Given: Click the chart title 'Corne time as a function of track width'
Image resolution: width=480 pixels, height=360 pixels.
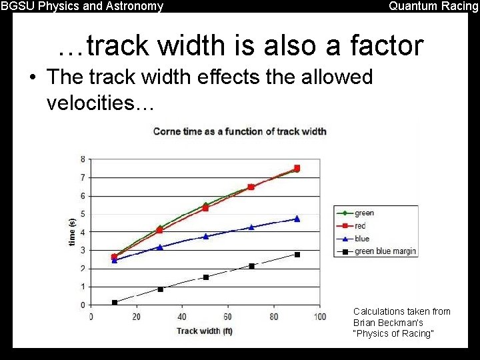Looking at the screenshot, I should [x=239, y=131].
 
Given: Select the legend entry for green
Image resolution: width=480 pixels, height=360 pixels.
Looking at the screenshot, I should [x=364, y=213].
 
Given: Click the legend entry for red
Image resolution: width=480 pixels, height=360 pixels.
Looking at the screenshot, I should [x=360, y=226].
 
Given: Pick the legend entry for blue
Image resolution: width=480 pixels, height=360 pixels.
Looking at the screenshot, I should [x=361, y=239].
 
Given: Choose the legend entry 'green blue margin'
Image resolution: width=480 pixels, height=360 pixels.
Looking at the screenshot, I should [x=385, y=251].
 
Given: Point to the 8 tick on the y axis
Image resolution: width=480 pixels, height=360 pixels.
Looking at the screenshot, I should [x=82, y=159].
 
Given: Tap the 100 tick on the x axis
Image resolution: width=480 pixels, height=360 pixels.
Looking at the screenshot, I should [x=320, y=317].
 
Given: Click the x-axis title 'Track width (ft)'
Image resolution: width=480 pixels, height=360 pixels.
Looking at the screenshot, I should [x=205, y=331].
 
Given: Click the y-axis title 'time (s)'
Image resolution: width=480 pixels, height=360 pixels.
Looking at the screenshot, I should [x=72, y=232].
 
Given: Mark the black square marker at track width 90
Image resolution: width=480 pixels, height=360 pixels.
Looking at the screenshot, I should [x=297, y=255].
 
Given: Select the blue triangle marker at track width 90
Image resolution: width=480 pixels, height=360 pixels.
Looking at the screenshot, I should [x=297, y=219].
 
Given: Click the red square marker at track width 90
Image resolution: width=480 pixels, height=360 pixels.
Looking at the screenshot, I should [x=297, y=168].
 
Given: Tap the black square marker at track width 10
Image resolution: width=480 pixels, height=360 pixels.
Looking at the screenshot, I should [x=115, y=303].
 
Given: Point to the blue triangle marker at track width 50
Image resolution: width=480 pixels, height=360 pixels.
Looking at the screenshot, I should [x=205, y=236].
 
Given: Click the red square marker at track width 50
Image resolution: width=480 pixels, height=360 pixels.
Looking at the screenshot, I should [x=205, y=208].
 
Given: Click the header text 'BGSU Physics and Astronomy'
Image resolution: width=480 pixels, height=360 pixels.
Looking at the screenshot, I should [x=82, y=7].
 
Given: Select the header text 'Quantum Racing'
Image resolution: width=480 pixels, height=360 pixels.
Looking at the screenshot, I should [x=433, y=7].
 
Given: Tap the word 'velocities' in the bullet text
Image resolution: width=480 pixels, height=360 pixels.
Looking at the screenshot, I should [x=96, y=103].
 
